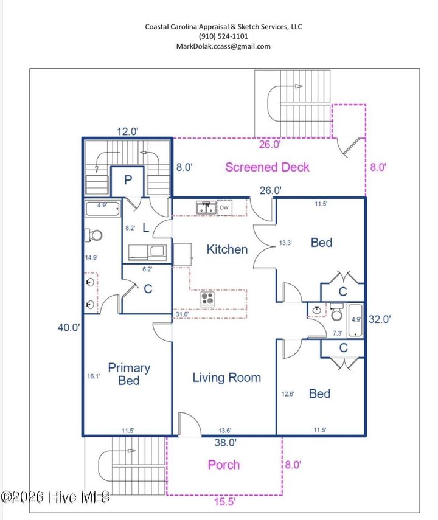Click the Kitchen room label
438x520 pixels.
[227, 249]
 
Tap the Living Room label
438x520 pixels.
[227, 378]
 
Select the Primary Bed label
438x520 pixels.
[129, 374]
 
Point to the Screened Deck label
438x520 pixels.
[267, 167]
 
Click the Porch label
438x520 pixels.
[224, 465]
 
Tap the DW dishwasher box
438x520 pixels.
[224, 207]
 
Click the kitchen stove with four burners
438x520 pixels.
[207, 299]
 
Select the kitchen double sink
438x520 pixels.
[206, 207]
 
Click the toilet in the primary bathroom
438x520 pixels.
[93, 235]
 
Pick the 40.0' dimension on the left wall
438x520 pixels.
[69, 327]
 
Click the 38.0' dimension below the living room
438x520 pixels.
[225, 442]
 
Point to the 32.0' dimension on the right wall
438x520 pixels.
[380, 319]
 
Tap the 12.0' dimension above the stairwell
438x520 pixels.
[127, 131]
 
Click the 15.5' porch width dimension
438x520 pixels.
[224, 501]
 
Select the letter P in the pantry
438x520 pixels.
[128, 180]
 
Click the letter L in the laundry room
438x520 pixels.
[145, 227]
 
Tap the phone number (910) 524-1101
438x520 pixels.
[223, 36]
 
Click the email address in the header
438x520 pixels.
[223, 46]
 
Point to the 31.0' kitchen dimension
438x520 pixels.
[182, 314]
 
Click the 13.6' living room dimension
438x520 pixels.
[224, 431]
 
